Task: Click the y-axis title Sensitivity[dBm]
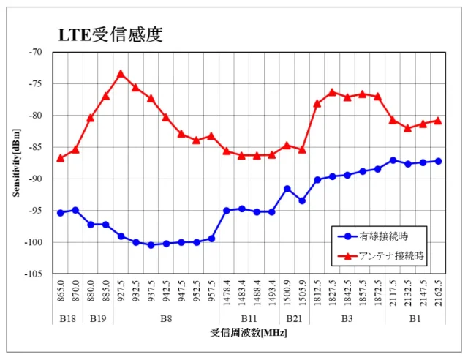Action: click(16, 162)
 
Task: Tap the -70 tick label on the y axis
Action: click(37, 52)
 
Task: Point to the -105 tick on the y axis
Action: click(35, 274)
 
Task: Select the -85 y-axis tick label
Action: click(37, 147)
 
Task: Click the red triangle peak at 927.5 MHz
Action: click(121, 73)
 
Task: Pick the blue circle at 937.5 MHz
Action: click(151, 245)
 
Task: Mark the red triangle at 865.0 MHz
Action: click(61, 157)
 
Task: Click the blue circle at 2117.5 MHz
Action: click(393, 160)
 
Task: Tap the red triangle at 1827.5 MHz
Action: click(332, 92)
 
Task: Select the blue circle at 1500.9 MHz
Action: click(287, 189)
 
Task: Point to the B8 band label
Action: click(166, 318)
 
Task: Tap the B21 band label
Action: click(294, 318)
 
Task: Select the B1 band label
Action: click(415, 318)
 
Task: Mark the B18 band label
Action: click(67, 318)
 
